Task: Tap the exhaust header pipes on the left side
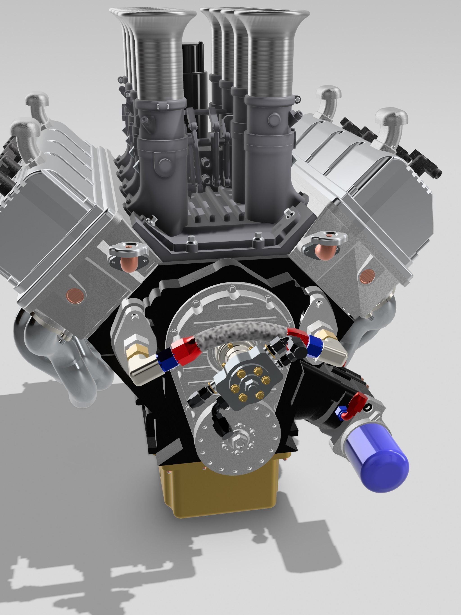tap(64, 362)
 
